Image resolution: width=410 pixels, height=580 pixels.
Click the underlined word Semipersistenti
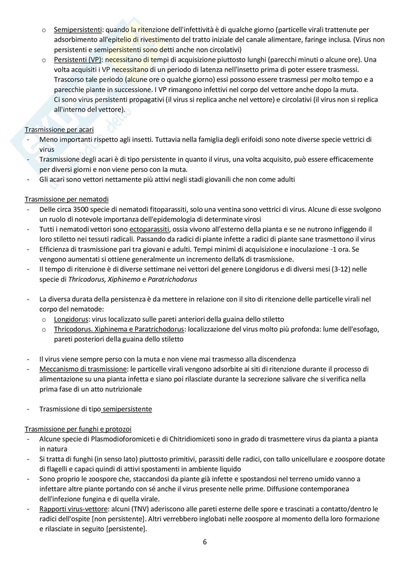[78, 30]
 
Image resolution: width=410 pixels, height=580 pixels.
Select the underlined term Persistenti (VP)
[78, 60]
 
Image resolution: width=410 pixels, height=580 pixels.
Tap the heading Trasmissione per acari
[59, 130]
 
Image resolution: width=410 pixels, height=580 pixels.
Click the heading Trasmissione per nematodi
[67, 199]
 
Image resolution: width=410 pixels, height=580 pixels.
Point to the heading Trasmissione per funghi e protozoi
[78, 429]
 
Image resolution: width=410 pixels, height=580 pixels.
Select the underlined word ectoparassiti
[149, 229]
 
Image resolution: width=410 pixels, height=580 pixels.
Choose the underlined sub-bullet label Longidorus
[71, 319]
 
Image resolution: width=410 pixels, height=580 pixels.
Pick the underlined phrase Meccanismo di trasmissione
[83, 369]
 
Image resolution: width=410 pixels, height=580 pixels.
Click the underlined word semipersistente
[127, 409]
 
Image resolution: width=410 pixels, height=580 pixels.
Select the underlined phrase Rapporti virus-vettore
[73, 509]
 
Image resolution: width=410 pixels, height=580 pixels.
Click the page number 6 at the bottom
[205, 542]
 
